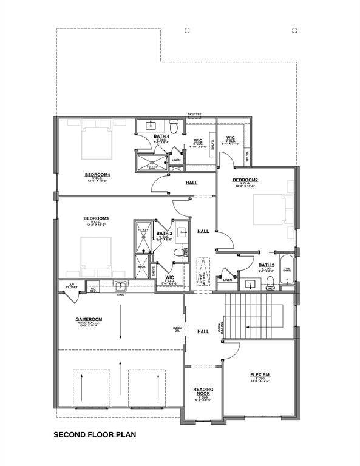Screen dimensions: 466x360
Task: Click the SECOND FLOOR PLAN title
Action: tap(94, 434)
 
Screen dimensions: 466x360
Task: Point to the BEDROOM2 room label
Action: tap(245, 180)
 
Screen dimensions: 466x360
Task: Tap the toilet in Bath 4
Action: tap(174, 128)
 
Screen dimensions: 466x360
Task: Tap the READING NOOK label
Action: tap(203, 391)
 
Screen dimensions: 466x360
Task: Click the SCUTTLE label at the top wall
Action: tap(194, 114)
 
